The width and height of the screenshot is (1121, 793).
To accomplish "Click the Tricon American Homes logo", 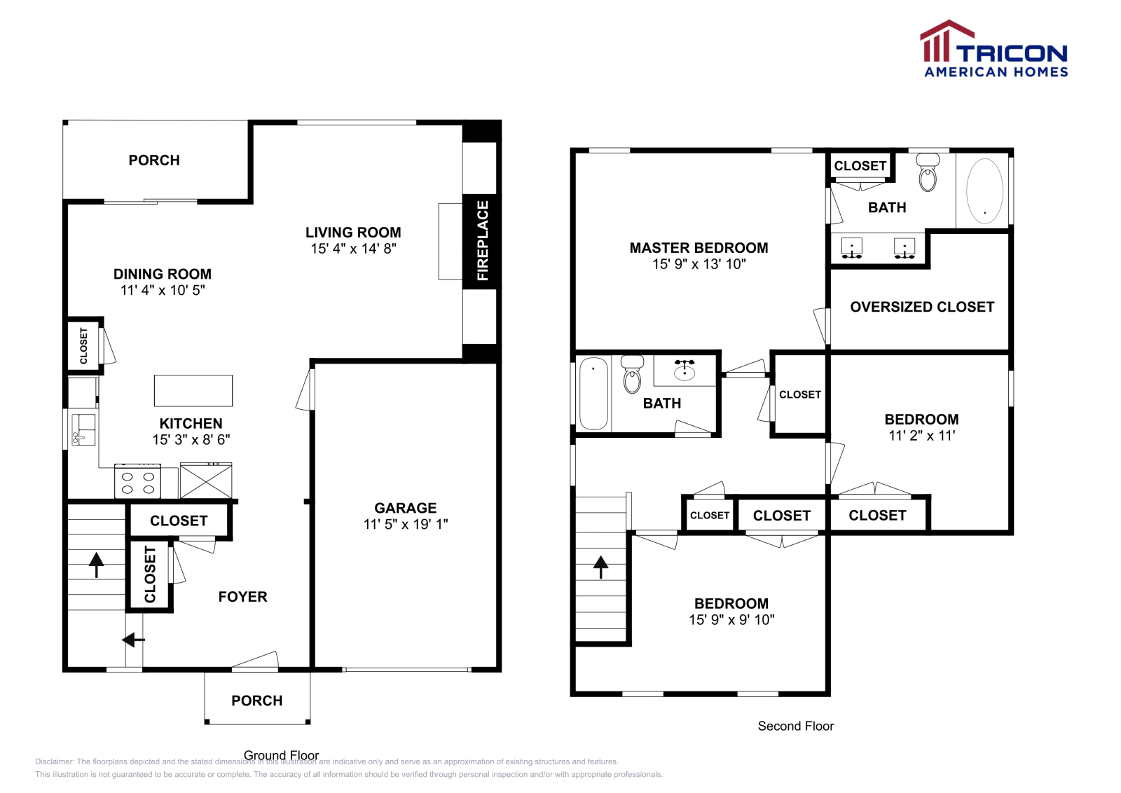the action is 993,48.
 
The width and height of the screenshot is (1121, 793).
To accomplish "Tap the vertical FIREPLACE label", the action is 483,241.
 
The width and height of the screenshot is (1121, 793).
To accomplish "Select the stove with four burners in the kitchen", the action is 137,481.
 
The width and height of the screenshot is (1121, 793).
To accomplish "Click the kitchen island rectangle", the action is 193,391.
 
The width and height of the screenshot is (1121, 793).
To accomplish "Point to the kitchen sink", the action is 83,429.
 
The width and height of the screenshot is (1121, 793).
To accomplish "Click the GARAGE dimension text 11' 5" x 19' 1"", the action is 406,524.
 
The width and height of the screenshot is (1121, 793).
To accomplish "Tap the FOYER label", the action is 242,596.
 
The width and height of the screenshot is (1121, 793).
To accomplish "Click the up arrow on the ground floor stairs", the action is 96,565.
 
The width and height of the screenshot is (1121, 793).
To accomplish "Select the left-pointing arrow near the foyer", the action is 134,640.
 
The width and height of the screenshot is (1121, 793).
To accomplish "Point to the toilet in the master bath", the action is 928,172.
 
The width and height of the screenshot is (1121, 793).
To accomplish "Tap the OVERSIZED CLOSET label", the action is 922,307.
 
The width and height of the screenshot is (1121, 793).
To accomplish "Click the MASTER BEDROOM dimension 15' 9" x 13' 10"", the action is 699,263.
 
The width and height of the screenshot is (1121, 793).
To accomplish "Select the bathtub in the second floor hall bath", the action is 593,393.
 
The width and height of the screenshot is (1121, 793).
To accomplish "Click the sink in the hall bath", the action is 684,371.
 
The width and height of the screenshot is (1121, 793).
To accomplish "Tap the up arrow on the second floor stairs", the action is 600,567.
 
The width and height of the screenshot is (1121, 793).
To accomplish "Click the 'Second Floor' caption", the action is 796,726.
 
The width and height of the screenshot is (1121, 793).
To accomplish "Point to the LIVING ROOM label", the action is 353,232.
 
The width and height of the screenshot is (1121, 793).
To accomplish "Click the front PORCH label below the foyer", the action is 256,701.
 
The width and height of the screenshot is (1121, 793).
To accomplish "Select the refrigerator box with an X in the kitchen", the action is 206,481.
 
